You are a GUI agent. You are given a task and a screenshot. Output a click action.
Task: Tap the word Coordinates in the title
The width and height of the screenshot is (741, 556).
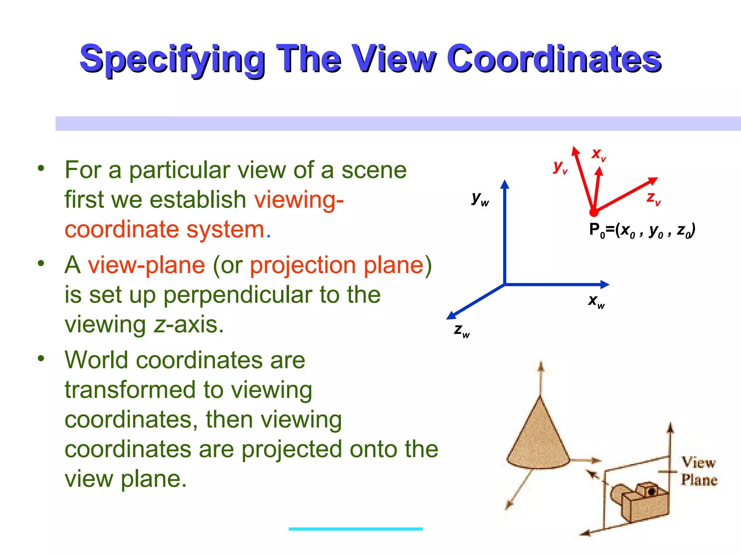click(x=554, y=59)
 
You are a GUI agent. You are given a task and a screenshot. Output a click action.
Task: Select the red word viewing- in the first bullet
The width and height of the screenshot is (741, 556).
click(x=298, y=199)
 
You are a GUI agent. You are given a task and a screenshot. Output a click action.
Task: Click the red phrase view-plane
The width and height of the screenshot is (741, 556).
click(x=147, y=265)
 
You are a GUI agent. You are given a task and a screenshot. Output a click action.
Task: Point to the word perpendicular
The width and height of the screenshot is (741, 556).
click(x=238, y=295)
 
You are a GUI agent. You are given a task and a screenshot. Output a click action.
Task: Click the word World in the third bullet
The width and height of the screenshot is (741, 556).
click(x=96, y=360)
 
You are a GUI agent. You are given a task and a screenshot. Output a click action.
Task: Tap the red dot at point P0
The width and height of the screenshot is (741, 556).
click(x=594, y=212)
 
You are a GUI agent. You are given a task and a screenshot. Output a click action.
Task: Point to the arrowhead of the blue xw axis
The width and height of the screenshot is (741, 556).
click(x=605, y=285)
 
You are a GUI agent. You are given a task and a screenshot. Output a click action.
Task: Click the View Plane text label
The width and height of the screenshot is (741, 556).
click(x=699, y=471)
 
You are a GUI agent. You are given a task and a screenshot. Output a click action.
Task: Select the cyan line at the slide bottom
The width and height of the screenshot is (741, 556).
click(x=356, y=529)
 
